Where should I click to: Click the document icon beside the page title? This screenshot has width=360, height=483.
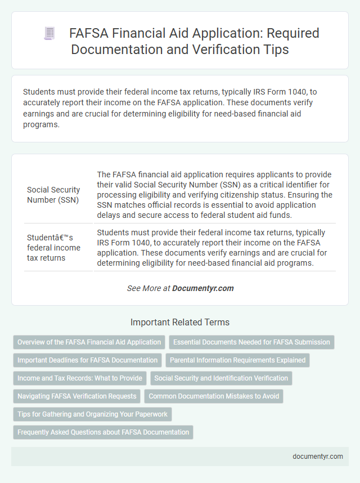[49, 34]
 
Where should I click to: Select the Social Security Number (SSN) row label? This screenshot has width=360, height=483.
[53, 195]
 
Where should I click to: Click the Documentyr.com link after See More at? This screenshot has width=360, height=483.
[202, 288]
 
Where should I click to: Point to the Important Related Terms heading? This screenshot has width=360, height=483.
[179, 323]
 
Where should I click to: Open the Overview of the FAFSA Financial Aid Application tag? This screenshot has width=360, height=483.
[89, 342]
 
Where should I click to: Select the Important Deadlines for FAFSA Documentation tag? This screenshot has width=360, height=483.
[87, 360]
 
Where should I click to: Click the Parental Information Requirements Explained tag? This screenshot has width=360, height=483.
[237, 360]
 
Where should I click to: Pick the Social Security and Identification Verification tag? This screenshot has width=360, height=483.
[221, 378]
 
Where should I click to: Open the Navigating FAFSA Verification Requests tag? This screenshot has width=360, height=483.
[76, 396]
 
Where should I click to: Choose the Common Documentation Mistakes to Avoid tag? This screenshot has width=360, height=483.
[214, 396]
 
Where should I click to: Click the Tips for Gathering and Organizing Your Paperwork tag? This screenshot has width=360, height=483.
[92, 414]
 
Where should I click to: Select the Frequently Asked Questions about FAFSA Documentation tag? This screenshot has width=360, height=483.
[103, 432]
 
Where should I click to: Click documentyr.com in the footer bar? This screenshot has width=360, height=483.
[318, 457]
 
